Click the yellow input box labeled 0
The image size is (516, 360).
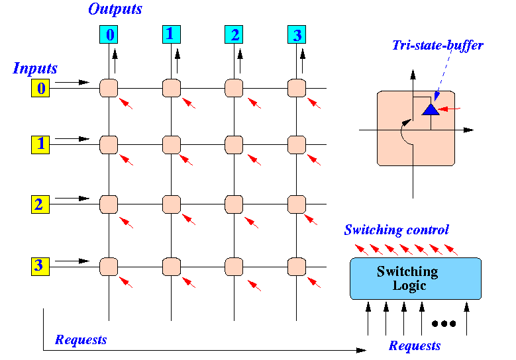tap(40, 88)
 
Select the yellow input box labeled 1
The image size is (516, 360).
tap(40, 144)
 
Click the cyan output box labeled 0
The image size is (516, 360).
tap(109, 34)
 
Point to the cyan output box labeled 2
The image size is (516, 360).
tap(234, 34)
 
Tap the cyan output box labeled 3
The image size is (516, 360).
tap(296, 34)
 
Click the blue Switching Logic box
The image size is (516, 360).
tap(415, 278)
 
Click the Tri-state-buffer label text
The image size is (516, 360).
tap(438, 46)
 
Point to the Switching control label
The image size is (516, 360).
tap(396, 230)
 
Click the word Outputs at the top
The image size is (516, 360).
tap(115, 9)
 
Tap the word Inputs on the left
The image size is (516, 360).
tap(35, 68)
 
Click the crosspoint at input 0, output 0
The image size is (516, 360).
tap(109, 87)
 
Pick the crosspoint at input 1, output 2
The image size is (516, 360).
tap(234, 144)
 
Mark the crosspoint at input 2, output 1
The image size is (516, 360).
tap(172, 204)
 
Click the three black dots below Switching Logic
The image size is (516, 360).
tap(443, 324)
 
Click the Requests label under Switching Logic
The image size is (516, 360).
tap(414, 345)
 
